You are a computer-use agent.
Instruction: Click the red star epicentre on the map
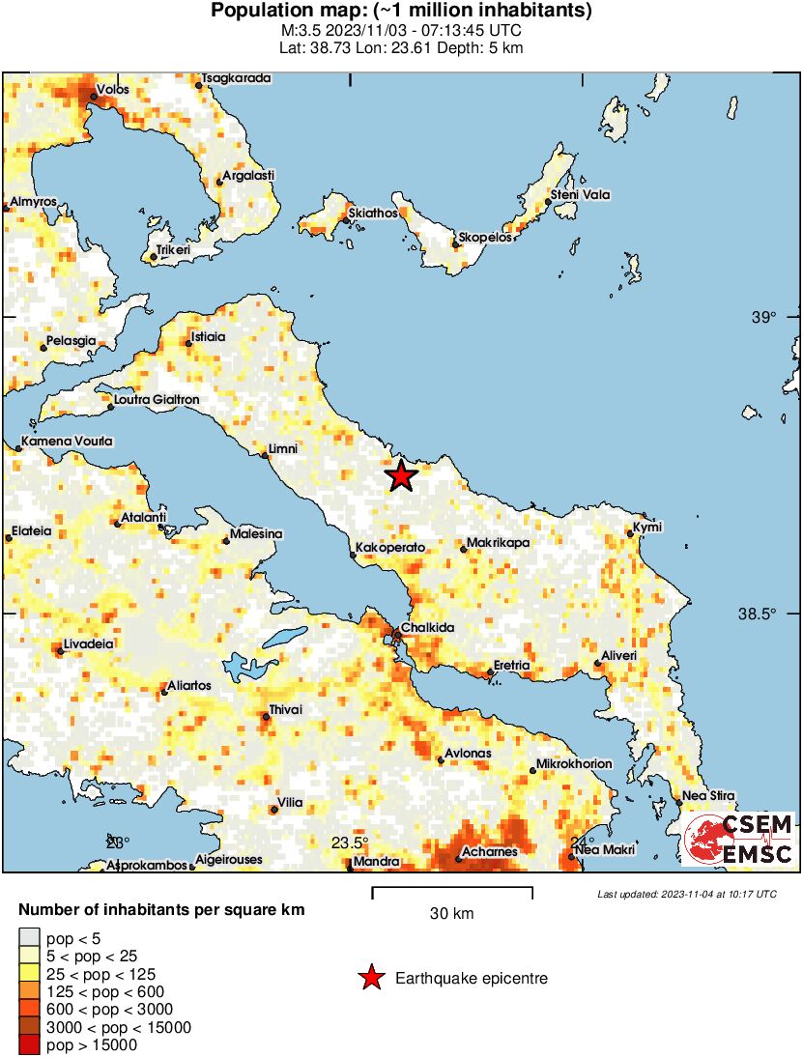(401, 475)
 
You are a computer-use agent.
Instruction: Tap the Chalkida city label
(427, 628)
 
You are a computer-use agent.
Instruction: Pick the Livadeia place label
(89, 643)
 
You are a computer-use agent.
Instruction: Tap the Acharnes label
(489, 851)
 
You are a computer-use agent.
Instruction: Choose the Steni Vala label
(581, 195)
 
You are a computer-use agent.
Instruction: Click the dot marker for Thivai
(267, 716)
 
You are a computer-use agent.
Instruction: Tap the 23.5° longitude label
(351, 843)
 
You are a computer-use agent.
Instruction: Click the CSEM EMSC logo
(739, 839)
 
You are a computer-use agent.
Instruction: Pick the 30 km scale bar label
(451, 913)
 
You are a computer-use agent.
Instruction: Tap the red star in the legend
(371, 979)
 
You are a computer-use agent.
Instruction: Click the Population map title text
(401, 12)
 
